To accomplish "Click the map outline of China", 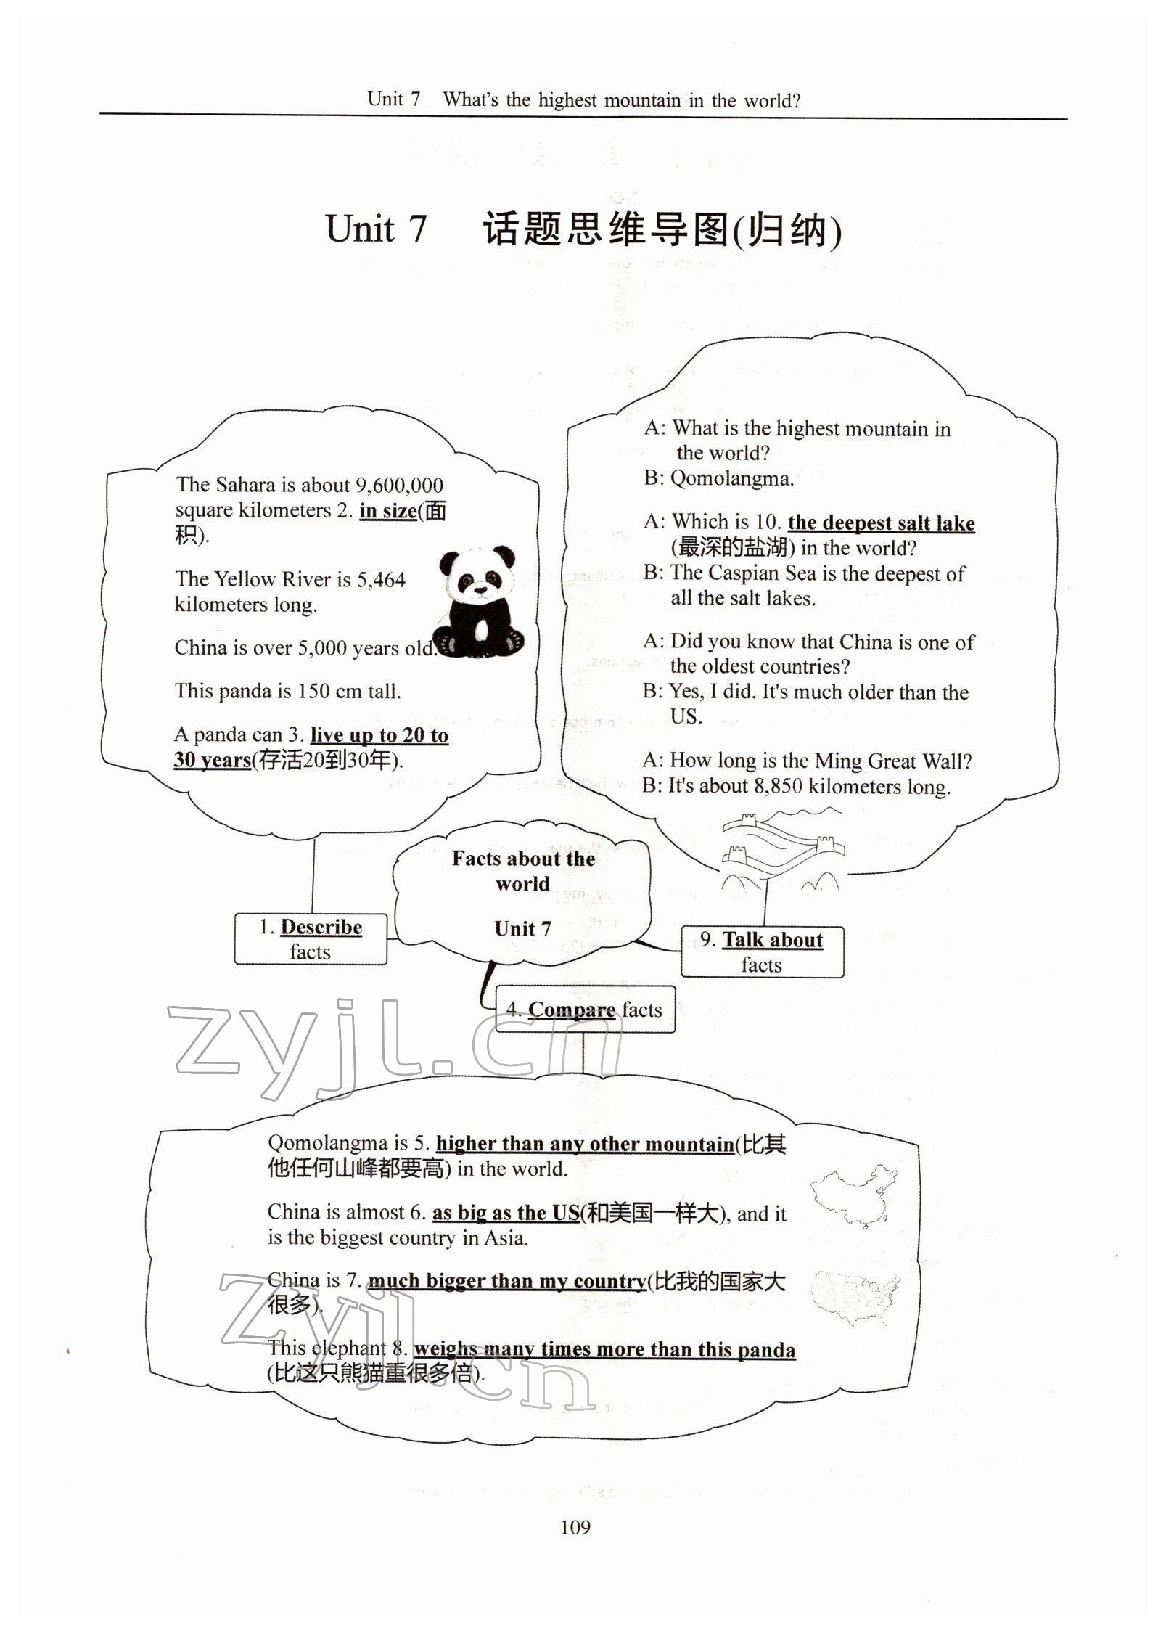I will pos(854,1194).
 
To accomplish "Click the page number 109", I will pos(575,1527).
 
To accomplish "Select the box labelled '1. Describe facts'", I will pos(311,939).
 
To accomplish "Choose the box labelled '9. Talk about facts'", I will pos(762,951).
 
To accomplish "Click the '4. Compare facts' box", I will pos(585,1010).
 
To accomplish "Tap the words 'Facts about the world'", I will pos(523,871).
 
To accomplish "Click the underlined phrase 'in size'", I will pos(388,511).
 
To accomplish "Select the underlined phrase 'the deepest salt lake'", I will pos(881,523).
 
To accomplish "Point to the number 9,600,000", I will pos(399,486).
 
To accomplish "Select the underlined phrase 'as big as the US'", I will pos(506,1214).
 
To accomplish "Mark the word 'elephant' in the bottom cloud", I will pos(349,1348).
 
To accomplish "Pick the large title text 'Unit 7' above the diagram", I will pos(376,229).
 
